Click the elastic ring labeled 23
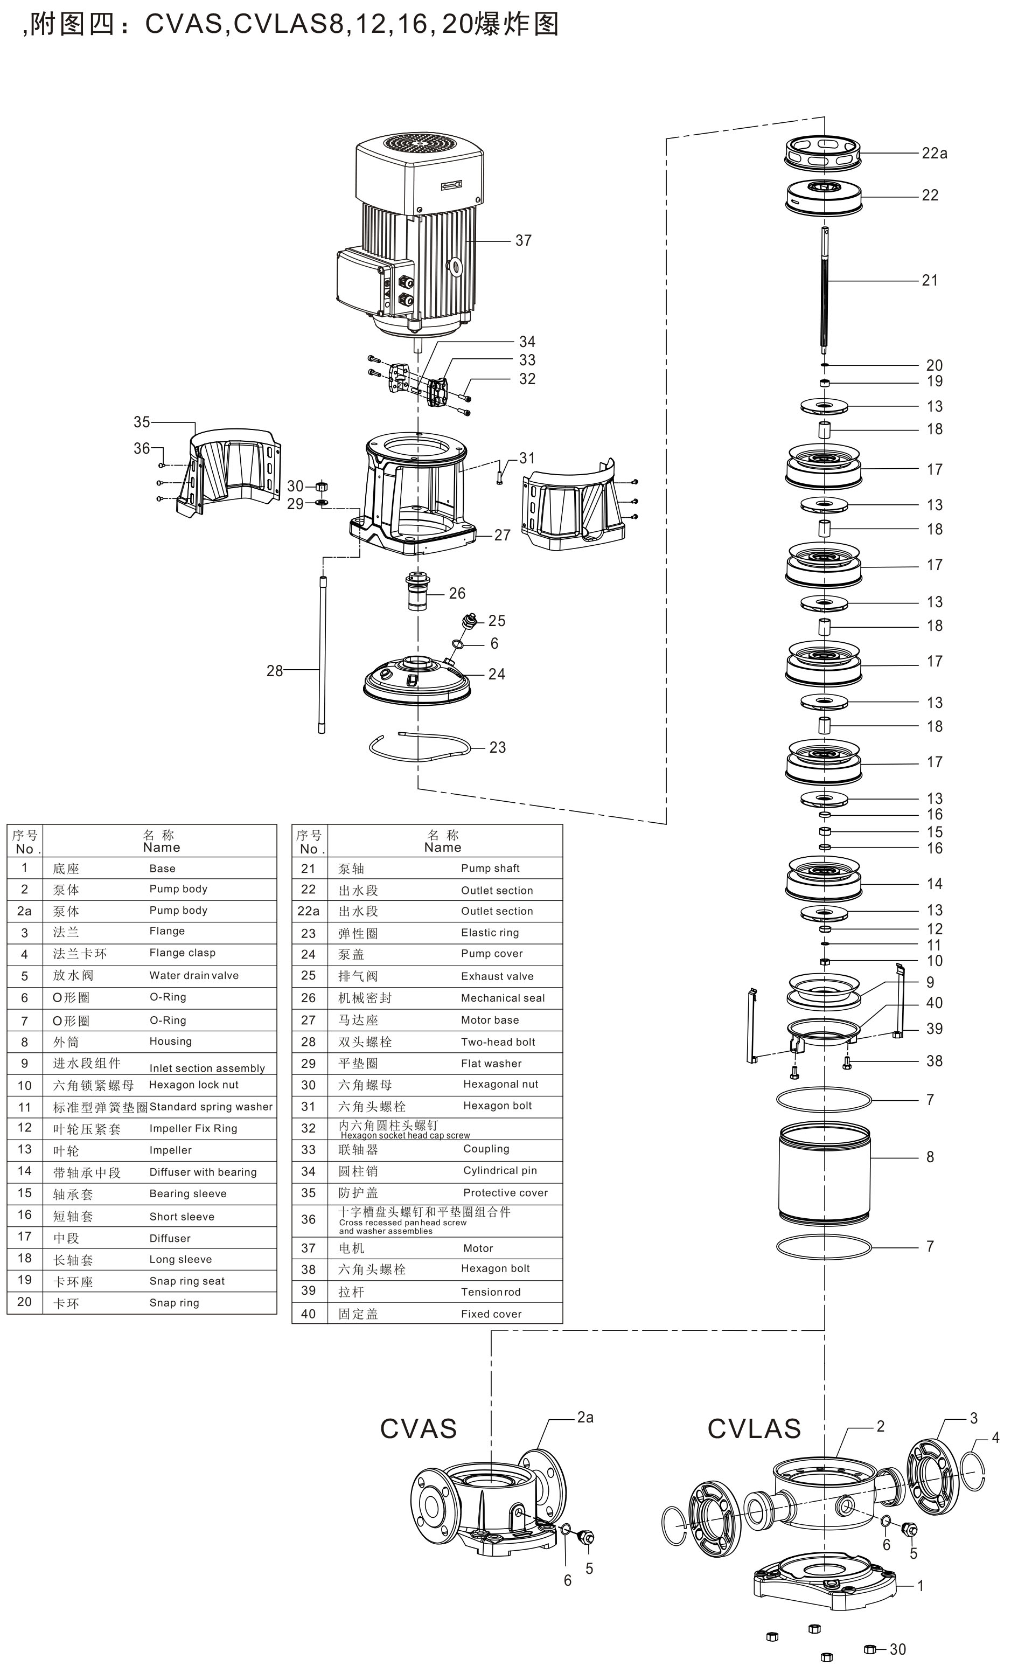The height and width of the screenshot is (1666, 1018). click(x=419, y=746)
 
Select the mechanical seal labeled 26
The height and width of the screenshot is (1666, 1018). click(x=419, y=592)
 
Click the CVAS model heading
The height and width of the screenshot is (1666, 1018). click(x=419, y=1429)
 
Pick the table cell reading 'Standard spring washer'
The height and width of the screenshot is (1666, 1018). click(x=211, y=1107)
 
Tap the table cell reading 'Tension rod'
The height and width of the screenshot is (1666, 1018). click(x=491, y=1292)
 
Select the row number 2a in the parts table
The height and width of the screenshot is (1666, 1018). click(x=24, y=911)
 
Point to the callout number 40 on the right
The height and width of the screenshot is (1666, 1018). click(x=934, y=1003)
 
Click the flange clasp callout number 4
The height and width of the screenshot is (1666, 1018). click(x=995, y=1438)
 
